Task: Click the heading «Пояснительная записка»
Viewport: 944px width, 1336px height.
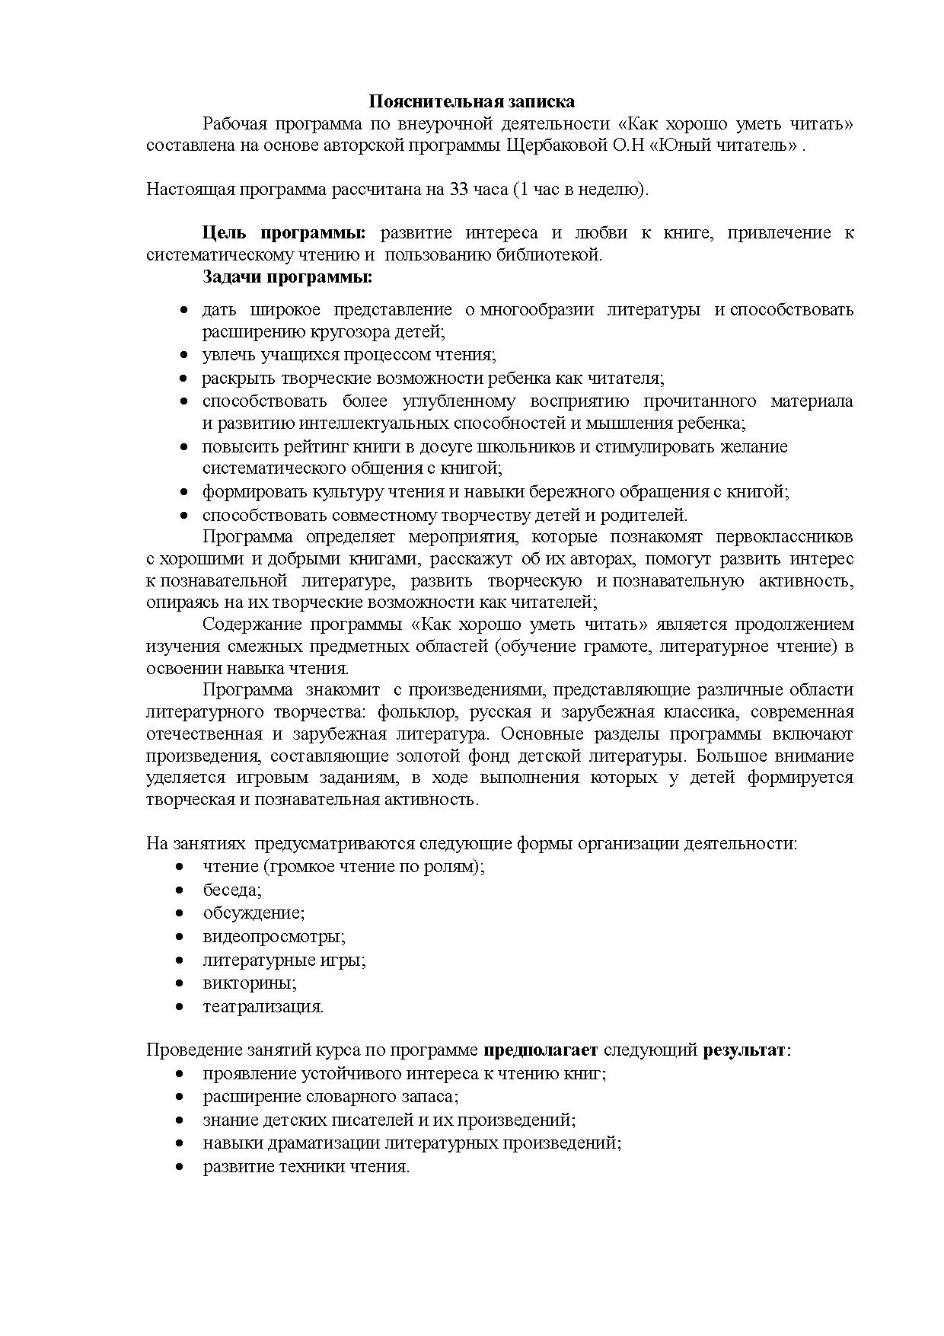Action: click(471, 101)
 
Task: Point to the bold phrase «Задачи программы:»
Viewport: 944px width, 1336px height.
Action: click(287, 277)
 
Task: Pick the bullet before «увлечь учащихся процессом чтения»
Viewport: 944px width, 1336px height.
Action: click(183, 356)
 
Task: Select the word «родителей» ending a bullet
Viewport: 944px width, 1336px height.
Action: click(649, 515)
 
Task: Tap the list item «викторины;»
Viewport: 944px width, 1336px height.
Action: click(249, 983)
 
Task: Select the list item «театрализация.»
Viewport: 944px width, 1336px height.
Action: click(263, 1006)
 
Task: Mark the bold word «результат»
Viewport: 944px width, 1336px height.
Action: click(744, 1050)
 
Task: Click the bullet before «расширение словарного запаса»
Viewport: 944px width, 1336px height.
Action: click(180, 1098)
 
